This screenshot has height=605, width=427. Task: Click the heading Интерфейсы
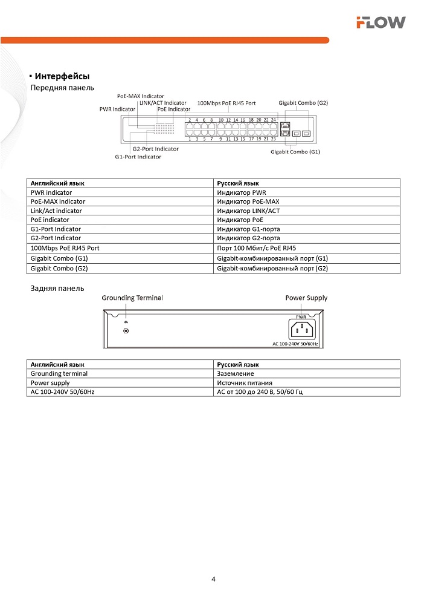pyautogui.click(x=62, y=77)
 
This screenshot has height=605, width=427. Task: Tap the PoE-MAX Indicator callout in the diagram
pyautogui.click(x=141, y=96)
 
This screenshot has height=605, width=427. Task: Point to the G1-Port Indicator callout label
pyautogui.click(x=138, y=157)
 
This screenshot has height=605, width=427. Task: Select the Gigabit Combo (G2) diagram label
pyautogui.click(x=303, y=103)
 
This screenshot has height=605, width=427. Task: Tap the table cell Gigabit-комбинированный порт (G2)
pyautogui.click(x=272, y=268)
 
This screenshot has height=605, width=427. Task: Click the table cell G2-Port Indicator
pyautogui.click(x=56, y=238)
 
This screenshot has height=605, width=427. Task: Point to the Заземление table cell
pyautogui.click(x=235, y=373)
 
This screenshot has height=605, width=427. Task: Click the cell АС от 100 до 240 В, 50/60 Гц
pyautogui.click(x=259, y=392)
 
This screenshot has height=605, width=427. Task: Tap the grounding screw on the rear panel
pyautogui.click(x=126, y=330)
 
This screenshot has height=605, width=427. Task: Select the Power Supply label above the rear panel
pyautogui.click(x=306, y=298)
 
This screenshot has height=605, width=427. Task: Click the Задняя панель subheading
pyautogui.click(x=57, y=289)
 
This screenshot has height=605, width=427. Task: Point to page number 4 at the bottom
pyautogui.click(x=213, y=579)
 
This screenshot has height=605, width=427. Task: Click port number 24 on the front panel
pyautogui.click(x=274, y=120)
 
